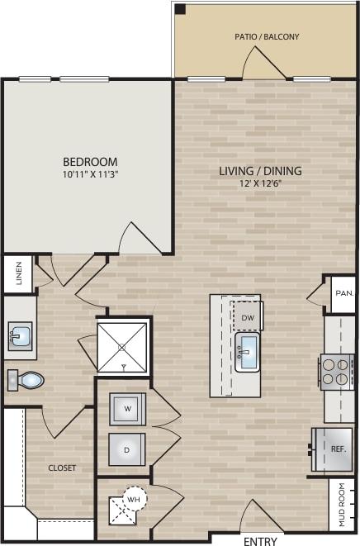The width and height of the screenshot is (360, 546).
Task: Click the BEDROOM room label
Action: pyautogui.click(x=90, y=161)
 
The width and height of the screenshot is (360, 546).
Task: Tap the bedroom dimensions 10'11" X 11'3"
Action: pyautogui.click(x=90, y=174)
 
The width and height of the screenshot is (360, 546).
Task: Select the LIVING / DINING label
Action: pyautogui.click(x=260, y=172)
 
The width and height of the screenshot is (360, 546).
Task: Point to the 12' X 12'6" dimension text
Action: pyautogui.click(x=260, y=184)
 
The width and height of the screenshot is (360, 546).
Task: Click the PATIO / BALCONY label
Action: pyautogui.click(x=268, y=36)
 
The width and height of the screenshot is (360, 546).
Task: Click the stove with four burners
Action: pyautogui.click(x=337, y=372)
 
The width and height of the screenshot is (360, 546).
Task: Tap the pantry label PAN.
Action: pyautogui.click(x=343, y=292)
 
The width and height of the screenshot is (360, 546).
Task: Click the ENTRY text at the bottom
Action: pyautogui.click(x=261, y=541)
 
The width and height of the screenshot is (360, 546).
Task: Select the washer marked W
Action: pyautogui.click(x=127, y=408)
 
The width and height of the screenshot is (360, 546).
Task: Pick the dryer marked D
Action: pyautogui.click(x=127, y=450)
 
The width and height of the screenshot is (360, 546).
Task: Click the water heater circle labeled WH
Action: pyautogui.click(x=132, y=499)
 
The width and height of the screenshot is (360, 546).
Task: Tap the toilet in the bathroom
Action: pyautogui.click(x=26, y=381)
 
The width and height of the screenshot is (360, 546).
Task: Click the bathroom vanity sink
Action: pyautogui.click(x=19, y=336)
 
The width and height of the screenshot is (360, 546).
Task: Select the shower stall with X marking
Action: pyautogui.click(x=123, y=347)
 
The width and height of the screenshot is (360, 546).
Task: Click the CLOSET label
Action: pyautogui.click(x=61, y=468)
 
